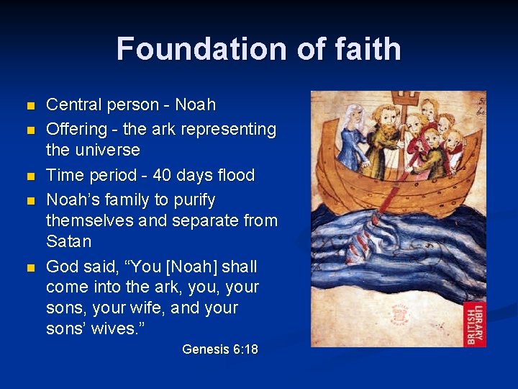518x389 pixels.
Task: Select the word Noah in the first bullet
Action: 195,105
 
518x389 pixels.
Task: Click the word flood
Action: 234,176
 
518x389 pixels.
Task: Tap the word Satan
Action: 68,241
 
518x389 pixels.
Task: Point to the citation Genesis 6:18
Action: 219,349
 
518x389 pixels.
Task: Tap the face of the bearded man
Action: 387,115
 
